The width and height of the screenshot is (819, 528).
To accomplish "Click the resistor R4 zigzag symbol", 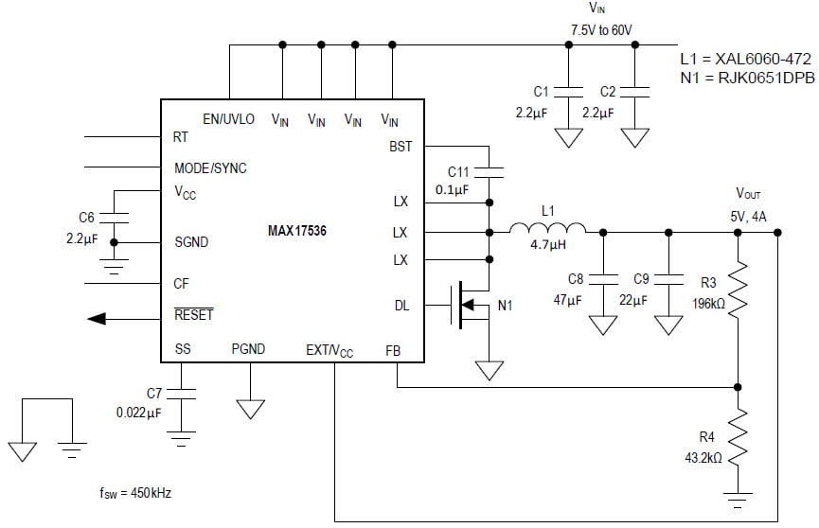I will click(x=739, y=433).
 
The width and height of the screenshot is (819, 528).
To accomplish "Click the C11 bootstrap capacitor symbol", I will click(x=490, y=172).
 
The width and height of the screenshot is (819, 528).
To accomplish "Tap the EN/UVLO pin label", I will click(x=228, y=119).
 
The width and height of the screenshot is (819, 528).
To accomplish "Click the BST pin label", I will click(x=401, y=146).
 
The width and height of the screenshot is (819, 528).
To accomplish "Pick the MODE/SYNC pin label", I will click(x=210, y=167).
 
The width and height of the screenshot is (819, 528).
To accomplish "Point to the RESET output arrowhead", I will click(x=96, y=319).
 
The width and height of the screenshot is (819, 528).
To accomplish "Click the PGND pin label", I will click(x=249, y=350).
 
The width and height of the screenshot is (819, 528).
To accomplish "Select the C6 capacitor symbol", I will click(x=114, y=217).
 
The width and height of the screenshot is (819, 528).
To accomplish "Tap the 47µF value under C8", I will click(x=566, y=300).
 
